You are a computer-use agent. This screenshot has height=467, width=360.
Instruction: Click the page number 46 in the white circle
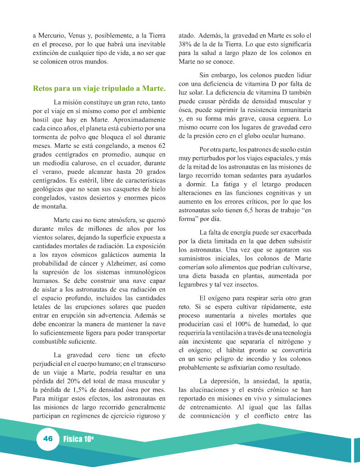pos(48,438)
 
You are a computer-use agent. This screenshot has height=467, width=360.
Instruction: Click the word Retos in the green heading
pos(45,88)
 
